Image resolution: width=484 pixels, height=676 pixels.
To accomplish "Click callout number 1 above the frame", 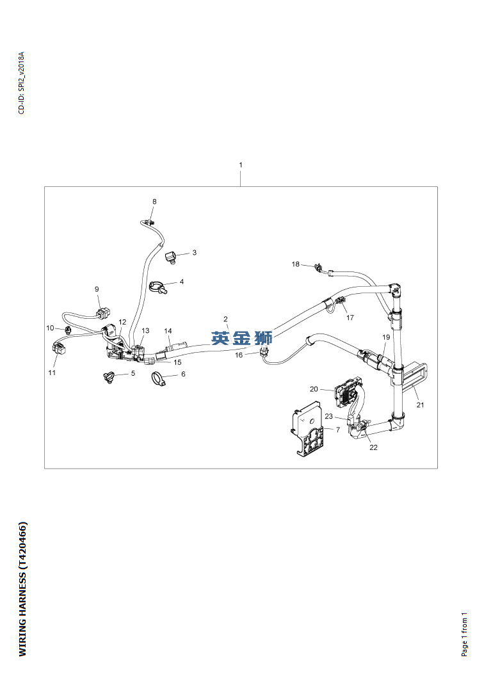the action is pos(241,165).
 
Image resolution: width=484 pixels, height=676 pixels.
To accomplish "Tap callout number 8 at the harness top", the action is pos(154,202).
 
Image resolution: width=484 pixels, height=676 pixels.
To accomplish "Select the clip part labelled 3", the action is pos(171,257).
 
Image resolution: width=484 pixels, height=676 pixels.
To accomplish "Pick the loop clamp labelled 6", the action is pos(157,378).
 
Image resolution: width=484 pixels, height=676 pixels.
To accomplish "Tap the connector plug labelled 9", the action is pos(104,312).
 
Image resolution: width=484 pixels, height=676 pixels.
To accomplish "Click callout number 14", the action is pos(168,331).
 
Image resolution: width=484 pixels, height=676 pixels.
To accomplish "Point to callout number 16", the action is pos(239,355).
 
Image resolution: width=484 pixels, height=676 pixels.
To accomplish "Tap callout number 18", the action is pos(295,264).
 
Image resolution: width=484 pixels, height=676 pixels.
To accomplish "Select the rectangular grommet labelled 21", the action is pos(411,374).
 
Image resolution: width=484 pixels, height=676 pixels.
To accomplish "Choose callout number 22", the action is pos(373,447).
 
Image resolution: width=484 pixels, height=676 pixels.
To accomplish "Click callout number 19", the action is pos(386,337).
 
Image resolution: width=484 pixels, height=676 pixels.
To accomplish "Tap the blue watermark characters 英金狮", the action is pos(241,338).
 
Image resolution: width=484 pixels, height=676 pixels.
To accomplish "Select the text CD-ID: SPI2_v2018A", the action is pos(22,83).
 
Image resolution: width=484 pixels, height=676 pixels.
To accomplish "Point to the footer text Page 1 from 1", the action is pos(464,634).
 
